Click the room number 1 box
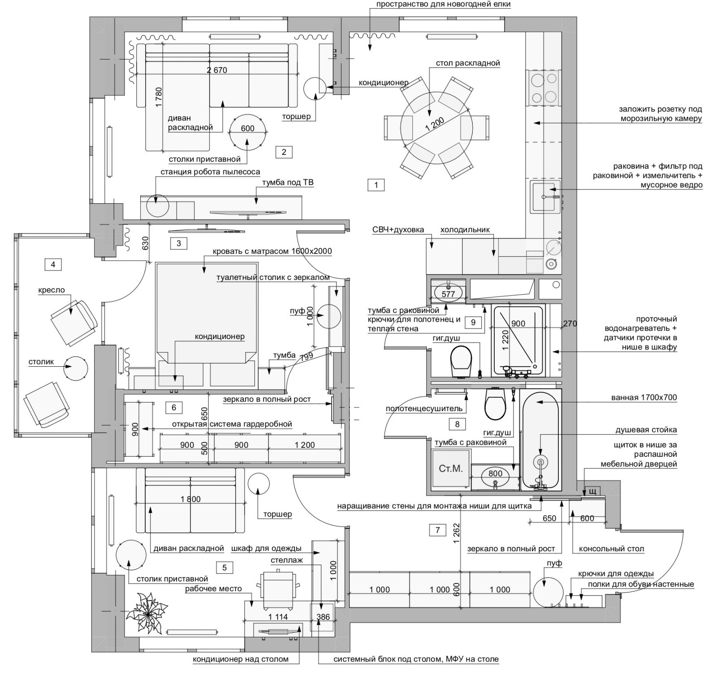pos(376,185)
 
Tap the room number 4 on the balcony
pos(53,264)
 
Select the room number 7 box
pos(438,530)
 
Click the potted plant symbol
pos(147,613)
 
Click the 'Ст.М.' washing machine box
pos(450,469)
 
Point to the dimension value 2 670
pos(217,70)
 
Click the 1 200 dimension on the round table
pos(435,124)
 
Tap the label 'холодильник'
pos(465,230)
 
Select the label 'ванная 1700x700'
pos(644,397)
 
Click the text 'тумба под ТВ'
pos(288,182)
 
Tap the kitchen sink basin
pos(545,197)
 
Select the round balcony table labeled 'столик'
pos(75,369)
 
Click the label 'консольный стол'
pos(611,549)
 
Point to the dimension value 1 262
pos(456,534)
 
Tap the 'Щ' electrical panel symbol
pos(592,492)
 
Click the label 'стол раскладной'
pos(468,63)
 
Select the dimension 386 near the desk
pos(323,617)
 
